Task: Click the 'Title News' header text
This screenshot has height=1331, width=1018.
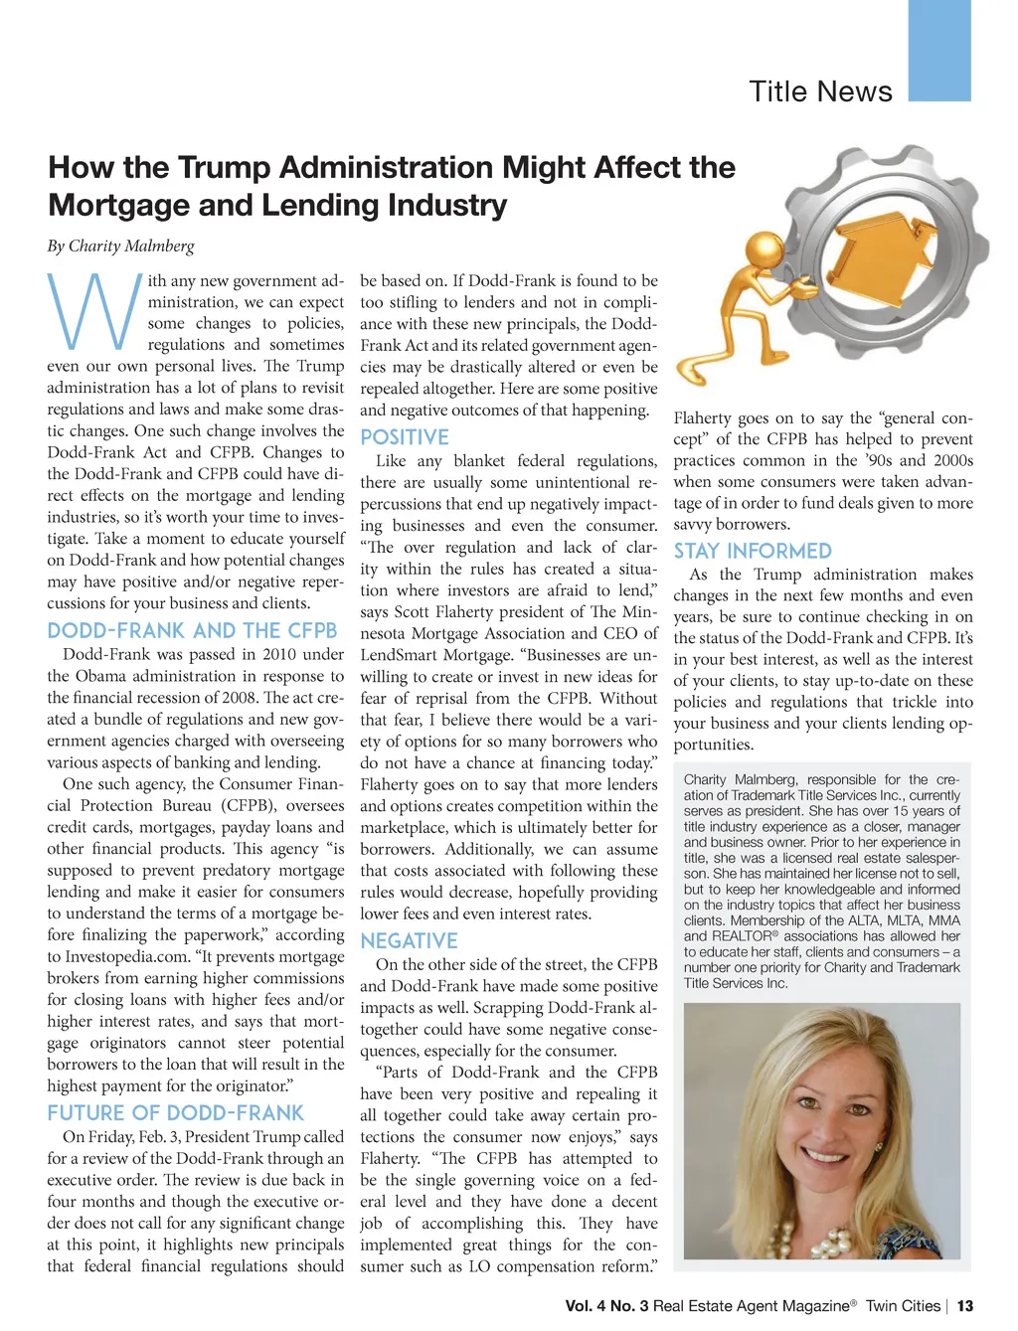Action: pyautogui.click(x=820, y=91)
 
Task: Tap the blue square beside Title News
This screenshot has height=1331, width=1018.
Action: pyautogui.click(x=939, y=50)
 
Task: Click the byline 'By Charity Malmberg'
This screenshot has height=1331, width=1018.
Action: pyautogui.click(x=120, y=246)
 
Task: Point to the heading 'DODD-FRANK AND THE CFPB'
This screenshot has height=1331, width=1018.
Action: pyautogui.click(x=192, y=631)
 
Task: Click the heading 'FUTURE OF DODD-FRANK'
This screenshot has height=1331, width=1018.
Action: pyautogui.click(x=176, y=1113)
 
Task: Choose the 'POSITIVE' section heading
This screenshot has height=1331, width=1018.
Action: pyautogui.click(x=405, y=437)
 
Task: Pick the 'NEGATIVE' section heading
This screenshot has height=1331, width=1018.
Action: pyautogui.click(x=409, y=941)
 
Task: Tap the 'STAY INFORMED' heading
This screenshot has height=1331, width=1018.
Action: pyautogui.click(x=753, y=552)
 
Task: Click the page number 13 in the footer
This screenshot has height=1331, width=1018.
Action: pyautogui.click(x=964, y=1306)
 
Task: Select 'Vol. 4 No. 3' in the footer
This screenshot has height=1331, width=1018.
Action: pyautogui.click(x=606, y=1306)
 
